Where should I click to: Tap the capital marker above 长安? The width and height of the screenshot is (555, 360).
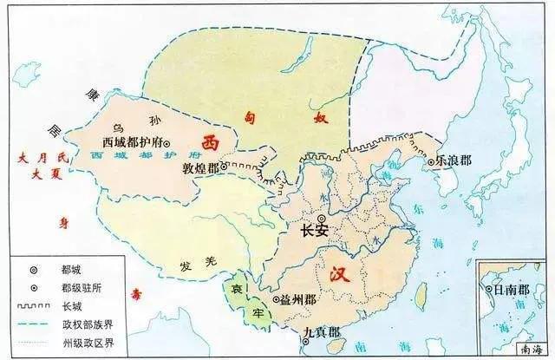point(323,218)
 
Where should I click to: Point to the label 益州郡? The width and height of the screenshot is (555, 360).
point(299,300)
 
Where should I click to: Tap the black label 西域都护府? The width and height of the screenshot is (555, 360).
point(132,141)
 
